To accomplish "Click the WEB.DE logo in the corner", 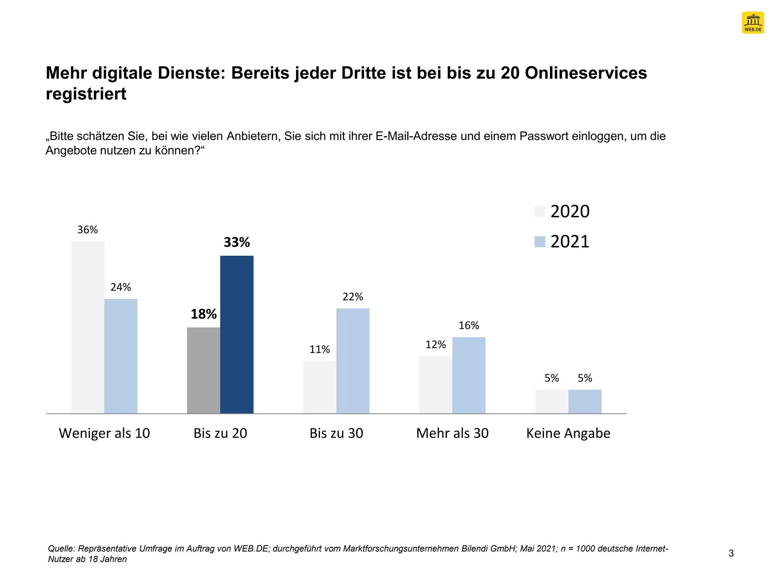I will [x=752, y=23].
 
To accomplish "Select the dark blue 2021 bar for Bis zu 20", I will [x=236, y=335].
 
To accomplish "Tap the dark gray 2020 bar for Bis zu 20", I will [x=203, y=370].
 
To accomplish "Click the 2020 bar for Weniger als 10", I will [x=87, y=327].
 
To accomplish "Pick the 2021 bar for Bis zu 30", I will [x=352, y=361].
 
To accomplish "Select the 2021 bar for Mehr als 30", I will [x=469, y=375].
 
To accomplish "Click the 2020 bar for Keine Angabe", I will [x=551, y=401].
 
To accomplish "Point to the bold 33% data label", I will [x=236, y=242].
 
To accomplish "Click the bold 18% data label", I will [x=203, y=314].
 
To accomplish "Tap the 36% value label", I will [x=87, y=230].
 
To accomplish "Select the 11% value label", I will [x=319, y=349].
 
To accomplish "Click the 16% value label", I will [x=469, y=325].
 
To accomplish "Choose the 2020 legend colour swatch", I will [x=540, y=211].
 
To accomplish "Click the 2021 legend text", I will [x=570, y=241].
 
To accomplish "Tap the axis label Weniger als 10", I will [x=104, y=433].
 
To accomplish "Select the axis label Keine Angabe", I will [x=568, y=433].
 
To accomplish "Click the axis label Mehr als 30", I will [x=452, y=433].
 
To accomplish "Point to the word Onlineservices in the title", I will [x=586, y=73].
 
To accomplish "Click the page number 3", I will [x=731, y=553].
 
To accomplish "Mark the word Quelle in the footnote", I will [x=61, y=549].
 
